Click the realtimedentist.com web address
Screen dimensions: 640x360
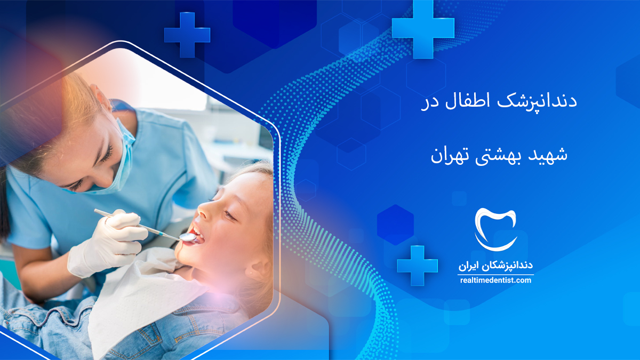(x=495, y=281)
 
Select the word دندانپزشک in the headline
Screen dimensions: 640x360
(x=537, y=102)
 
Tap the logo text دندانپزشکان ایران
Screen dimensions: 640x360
(x=495, y=266)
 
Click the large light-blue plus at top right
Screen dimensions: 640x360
(x=423, y=29)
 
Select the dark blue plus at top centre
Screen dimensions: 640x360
(x=187, y=35)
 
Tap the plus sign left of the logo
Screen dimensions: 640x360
(x=417, y=266)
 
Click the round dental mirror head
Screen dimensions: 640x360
(x=187, y=237)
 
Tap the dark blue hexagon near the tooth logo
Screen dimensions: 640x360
(x=395, y=225)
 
